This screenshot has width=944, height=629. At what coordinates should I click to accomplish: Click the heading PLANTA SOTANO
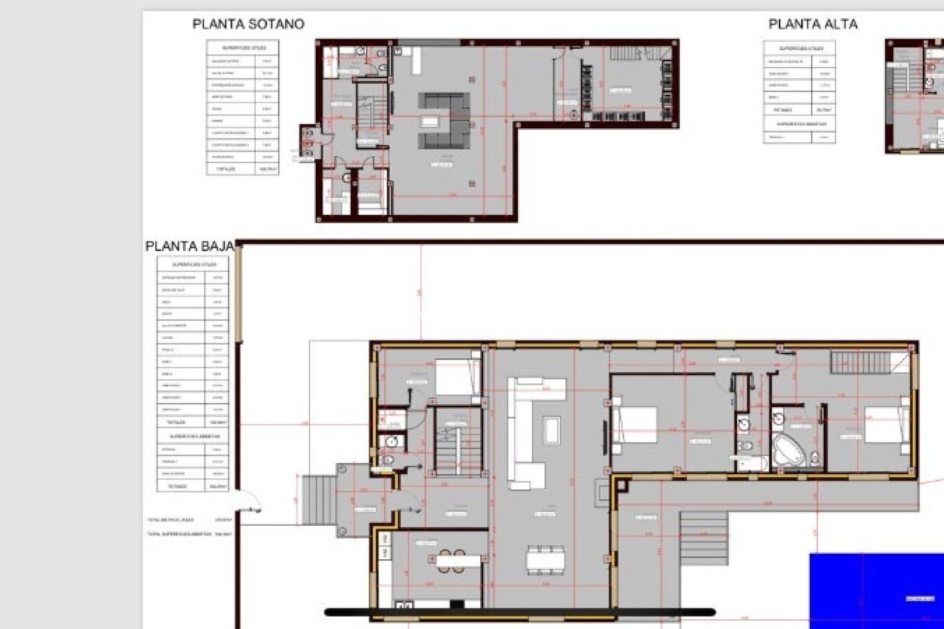(x=248, y=24)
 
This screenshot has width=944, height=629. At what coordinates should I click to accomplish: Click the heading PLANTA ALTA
(x=813, y=24)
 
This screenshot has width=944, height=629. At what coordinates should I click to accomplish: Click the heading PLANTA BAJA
(x=189, y=246)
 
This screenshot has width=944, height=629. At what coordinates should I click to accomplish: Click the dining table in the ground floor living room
(x=546, y=560)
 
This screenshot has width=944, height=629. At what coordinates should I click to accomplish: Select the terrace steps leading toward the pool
(x=704, y=538)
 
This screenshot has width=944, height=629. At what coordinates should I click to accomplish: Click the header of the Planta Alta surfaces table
(x=799, y=48)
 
